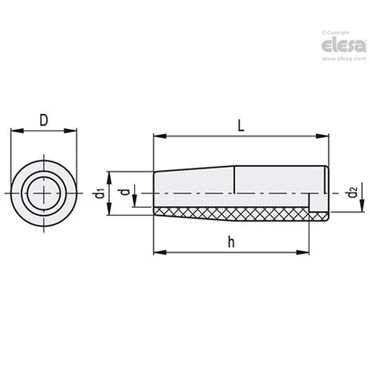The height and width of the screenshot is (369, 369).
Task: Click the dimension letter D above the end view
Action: click(43, 120)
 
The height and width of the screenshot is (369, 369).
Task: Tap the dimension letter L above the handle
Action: click(241, 125)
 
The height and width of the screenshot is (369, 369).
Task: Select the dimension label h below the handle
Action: click(232, 241)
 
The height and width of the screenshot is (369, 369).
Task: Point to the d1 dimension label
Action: click(99, 193)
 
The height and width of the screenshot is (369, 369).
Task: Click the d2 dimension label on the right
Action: click(353, 193)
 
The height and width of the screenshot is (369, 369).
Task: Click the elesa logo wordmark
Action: click(343, 45)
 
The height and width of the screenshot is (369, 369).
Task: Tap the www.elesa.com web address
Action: click(344, 59)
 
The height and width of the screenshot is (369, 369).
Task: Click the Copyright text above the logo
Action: click(336, 33)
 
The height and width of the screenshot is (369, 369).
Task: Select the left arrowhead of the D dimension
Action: click(17, 131)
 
